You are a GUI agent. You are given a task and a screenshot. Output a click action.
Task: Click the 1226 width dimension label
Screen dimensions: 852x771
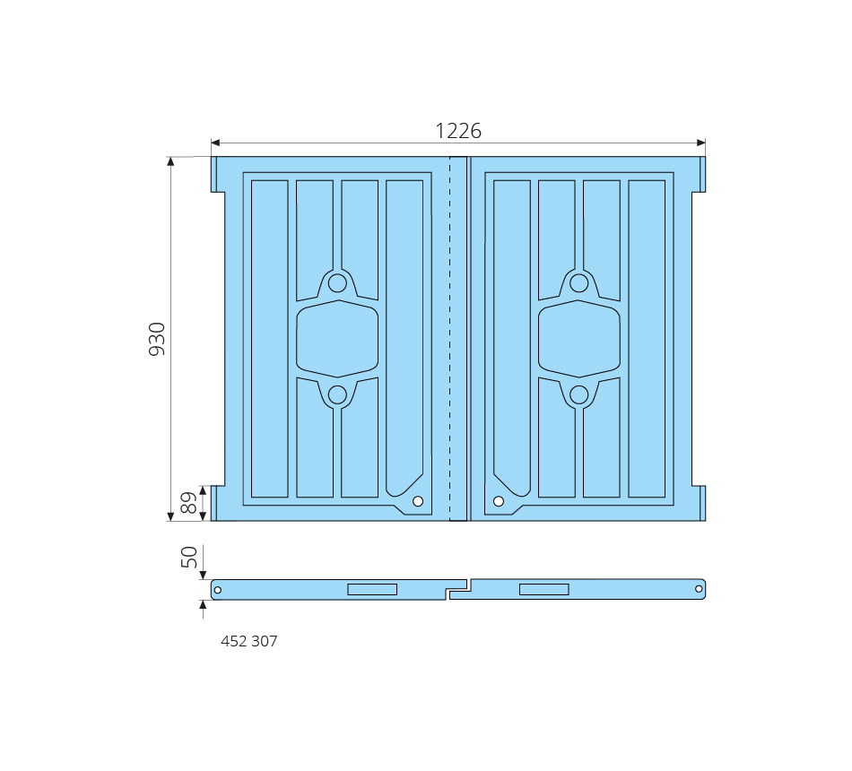458,131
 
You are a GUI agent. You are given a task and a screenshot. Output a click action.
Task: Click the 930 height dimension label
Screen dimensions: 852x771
157,339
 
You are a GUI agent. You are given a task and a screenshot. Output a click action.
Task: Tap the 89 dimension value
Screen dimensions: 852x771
188,503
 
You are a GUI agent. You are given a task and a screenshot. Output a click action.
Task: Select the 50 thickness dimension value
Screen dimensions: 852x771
188,557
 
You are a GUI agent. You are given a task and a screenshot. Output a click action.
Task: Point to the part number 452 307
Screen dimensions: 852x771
248,641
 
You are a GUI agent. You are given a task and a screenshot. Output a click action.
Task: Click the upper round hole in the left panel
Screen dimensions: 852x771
337,283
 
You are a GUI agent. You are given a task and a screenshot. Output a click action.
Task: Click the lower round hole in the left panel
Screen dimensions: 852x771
337,395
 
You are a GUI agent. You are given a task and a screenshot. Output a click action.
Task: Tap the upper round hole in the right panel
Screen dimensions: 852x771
578,283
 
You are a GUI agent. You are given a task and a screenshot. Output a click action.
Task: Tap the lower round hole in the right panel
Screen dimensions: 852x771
578,395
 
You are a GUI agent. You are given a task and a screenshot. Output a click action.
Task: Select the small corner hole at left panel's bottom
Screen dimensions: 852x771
418,501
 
